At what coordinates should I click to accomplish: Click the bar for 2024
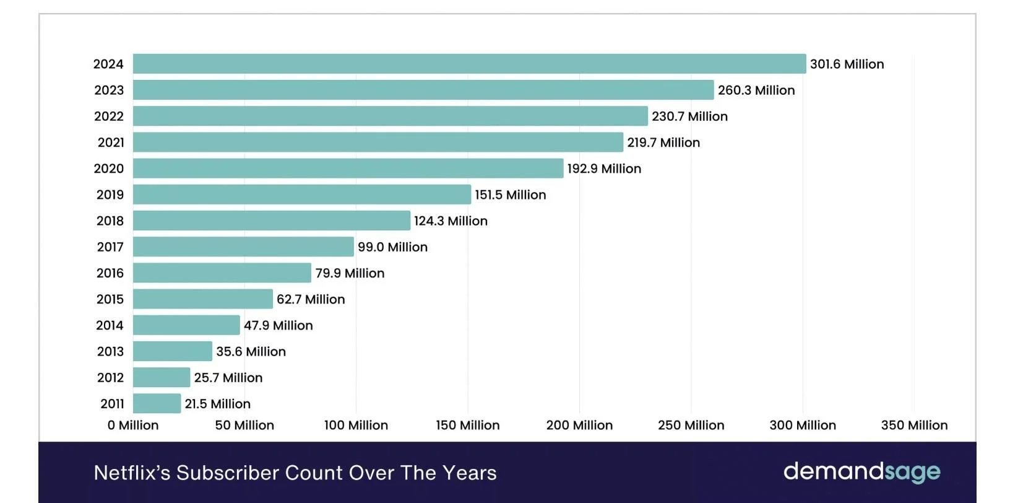(469, 64)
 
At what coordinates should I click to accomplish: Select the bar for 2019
(301, 195)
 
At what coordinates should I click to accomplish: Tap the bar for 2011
(157, 404)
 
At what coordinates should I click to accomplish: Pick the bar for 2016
(222, 273)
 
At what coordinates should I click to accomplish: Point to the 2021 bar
(378, 142)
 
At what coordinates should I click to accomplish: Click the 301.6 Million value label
(847, 64)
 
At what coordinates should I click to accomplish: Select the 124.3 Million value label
(451, 221)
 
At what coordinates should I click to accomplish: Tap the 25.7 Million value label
(228, 378)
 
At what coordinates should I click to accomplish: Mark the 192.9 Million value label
(604, 168)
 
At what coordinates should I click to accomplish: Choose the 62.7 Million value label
(311, 299)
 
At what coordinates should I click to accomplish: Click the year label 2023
(109, 90)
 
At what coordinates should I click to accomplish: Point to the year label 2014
(110, 325)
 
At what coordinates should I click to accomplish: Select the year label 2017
(110, 247)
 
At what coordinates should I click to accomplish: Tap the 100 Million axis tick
(356, 426)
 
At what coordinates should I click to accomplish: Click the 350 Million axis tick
(914, 426)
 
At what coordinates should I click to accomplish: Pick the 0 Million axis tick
(133, 426)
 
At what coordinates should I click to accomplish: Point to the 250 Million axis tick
(691, 426)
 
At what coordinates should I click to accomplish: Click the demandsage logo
(861, 472)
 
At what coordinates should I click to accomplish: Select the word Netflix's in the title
(132, 473)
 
